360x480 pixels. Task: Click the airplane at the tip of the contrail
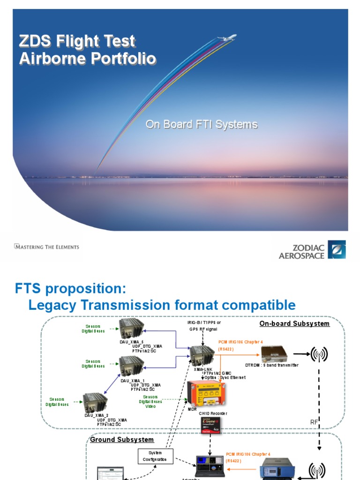[230, 38]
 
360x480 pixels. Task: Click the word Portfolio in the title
[121, 59]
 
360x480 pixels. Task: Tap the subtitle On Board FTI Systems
[202, 125]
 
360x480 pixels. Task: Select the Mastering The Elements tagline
[47, 247]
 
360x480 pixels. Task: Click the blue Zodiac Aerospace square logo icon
[337, 250]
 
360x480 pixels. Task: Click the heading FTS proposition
[71, 287]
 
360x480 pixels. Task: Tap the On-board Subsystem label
[294, 324]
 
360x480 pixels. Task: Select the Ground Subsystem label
[122, 440]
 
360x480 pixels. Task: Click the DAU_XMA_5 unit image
[132, 329]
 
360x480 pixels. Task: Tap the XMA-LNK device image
[202, 354]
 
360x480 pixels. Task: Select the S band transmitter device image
[274, 353]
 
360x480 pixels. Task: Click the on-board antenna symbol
[319, 354]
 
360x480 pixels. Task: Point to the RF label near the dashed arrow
[314, 422]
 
